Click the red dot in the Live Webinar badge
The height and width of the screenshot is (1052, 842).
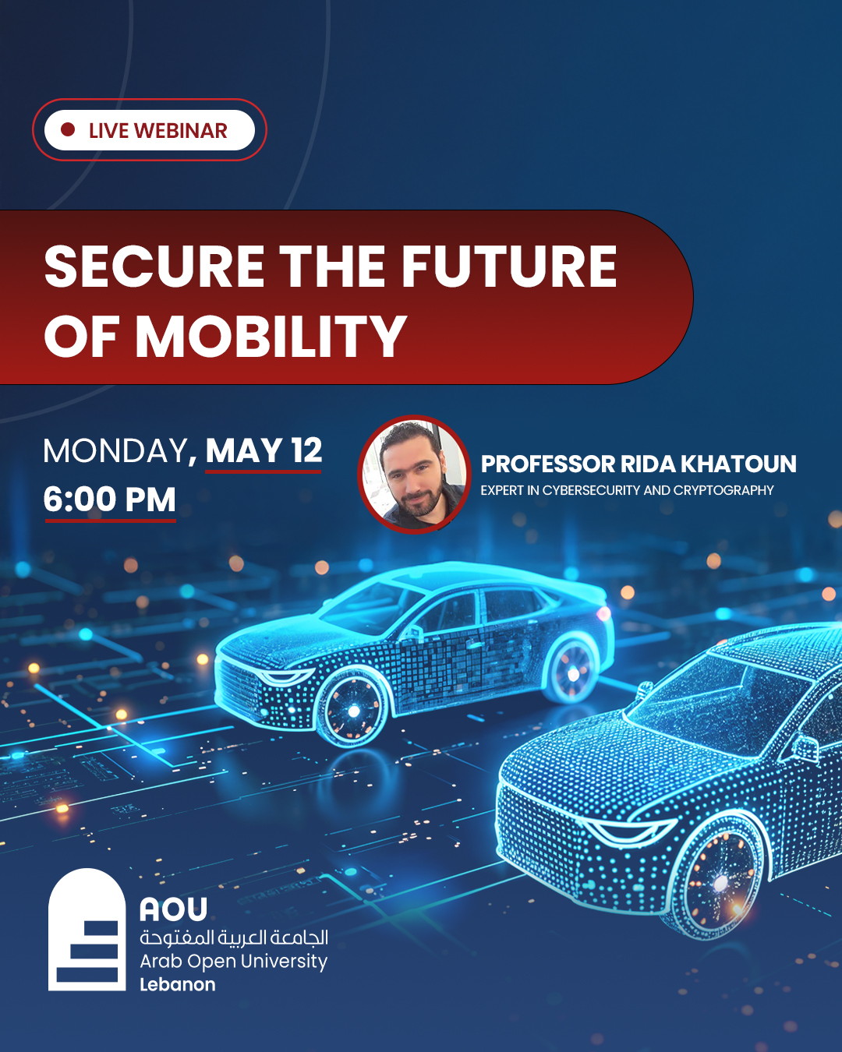tap(68, 129)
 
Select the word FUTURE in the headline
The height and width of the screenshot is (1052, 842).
tap(509, 267)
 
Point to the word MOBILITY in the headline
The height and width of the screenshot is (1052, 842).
tap(271, 337)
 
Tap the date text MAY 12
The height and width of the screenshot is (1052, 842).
tap(264, 450)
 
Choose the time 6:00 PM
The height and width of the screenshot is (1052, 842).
tap(110, 500)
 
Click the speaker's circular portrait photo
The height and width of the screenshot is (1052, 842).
tap(415, 475)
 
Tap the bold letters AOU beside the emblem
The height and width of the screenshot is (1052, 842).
tap(174, 909)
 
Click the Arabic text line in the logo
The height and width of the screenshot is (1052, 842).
tap(234, 937)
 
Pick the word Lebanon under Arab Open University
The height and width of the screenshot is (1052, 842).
tap(178, 984)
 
